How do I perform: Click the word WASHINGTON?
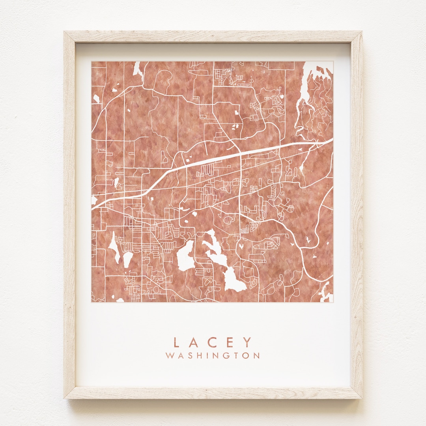213,355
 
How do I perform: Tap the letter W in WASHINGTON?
169,355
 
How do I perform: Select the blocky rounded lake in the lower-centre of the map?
185,256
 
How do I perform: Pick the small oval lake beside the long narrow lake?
127,259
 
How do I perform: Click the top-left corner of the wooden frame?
65,33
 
